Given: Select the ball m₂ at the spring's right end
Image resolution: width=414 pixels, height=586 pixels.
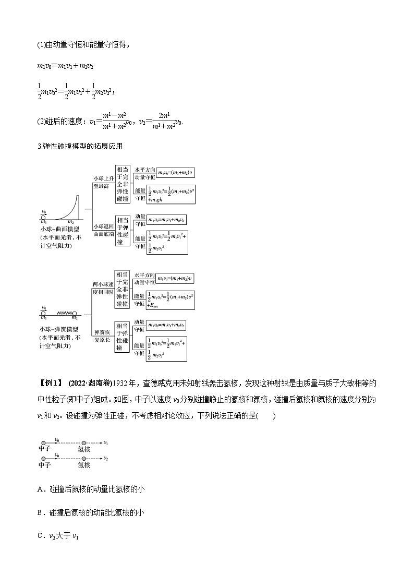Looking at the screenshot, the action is pos(75,314).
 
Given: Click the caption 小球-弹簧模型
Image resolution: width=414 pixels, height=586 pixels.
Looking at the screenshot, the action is pos(59,329).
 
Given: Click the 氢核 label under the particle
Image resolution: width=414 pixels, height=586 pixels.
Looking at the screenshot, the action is pos(83,449).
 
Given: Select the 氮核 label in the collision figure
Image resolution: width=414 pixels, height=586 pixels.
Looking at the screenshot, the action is pos(83,464).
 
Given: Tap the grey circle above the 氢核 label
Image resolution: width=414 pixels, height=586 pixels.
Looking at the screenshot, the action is pos(83,443).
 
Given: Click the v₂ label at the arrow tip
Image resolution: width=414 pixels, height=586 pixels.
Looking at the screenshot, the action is pos(106,458).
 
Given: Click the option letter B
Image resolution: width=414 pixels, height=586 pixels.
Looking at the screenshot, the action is pos(41,512).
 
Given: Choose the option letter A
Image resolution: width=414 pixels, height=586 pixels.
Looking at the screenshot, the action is pos(41,489).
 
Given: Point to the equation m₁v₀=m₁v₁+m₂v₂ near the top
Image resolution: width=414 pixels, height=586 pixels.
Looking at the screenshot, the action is pos(65,66).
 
